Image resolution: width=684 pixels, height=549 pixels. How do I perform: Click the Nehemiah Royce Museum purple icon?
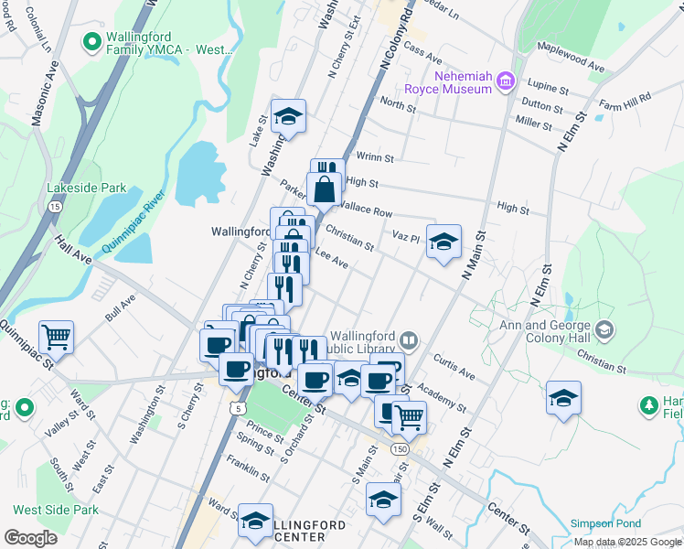(504, 84)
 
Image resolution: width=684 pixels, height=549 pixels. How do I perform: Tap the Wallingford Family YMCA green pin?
(91, 42)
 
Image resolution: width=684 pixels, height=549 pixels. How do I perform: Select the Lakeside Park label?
(87, 188)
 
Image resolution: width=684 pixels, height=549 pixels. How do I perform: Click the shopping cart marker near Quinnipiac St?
(56, 337)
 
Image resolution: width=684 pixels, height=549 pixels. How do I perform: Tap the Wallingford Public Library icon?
(410, 341)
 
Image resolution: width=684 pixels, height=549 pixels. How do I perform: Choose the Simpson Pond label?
(604, 522)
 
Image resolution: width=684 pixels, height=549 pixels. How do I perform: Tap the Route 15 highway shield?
(55, 207)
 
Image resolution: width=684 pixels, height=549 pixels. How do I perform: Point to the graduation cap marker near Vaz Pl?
(444, 242)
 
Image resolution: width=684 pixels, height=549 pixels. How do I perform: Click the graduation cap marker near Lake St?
(288, 116)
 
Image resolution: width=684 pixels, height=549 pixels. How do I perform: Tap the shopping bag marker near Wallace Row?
(325, 190)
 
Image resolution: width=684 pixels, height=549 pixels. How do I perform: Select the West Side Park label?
(56, 510)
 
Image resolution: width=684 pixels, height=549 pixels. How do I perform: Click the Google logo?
(30, 538)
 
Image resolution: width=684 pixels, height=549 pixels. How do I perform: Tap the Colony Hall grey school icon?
(604, 328)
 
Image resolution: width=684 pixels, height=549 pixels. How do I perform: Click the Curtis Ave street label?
(454, 366)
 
